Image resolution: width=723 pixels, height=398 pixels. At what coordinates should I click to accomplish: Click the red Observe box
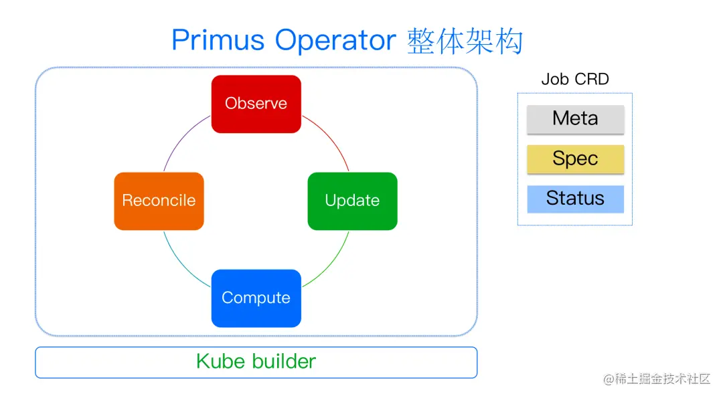point(256,104)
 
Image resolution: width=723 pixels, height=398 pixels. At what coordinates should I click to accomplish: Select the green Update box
point(352,201)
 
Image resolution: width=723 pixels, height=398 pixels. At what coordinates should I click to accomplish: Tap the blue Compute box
point(256,298)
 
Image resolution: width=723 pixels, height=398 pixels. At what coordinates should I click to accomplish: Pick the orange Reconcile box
point(159,201)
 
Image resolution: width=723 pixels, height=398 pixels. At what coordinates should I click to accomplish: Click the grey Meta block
point(575,119)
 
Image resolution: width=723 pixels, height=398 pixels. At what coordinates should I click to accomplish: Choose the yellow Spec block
point(575,159)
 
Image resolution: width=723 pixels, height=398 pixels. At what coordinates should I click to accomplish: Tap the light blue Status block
point(575,199)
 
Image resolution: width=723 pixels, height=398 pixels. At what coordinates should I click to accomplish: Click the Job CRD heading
point(575,79)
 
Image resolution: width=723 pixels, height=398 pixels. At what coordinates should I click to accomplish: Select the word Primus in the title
point(218,41)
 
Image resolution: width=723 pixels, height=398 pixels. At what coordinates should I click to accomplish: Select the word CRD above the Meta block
point(592,79)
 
